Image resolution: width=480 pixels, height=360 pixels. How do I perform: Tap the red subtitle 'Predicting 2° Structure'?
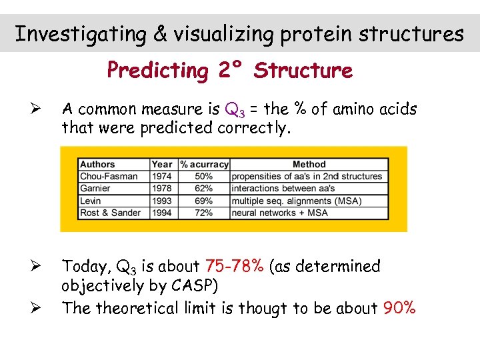click(x=230, y=70)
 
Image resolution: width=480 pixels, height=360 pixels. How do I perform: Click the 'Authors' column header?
click(x=97, y=164)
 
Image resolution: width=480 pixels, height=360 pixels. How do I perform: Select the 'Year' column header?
click(x=162, y=164)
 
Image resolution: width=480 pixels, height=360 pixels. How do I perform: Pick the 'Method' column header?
click(x=309, y=164)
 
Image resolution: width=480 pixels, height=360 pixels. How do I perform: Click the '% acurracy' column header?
click(x=205, y=164)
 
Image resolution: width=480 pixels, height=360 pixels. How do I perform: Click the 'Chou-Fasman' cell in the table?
click(x=109, y=176)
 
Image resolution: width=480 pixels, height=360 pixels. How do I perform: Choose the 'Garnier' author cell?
click(x=95, y=188)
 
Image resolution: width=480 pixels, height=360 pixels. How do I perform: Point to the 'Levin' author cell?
click(x=91, y=201)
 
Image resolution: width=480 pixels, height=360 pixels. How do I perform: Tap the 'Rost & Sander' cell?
click(x=111, y=213)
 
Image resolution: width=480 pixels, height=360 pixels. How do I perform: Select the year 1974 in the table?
click(x=162, y=176)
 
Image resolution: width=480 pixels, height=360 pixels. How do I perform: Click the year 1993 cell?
click(x=162, y=201)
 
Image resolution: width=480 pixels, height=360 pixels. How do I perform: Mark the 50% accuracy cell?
click(x=204, y=176)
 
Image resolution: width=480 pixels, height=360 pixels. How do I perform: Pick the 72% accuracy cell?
click(x=204, y=213)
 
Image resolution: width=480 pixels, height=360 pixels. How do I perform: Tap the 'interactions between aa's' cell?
click(x=283, y=188)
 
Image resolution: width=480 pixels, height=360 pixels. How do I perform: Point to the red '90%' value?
click(x=399, y=308)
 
